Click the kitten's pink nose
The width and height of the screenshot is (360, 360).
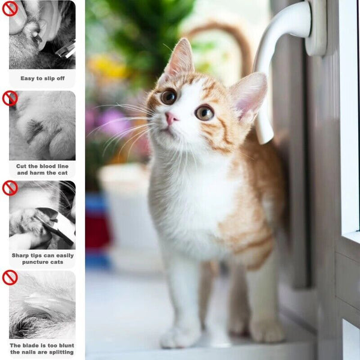click(x=171, y=118)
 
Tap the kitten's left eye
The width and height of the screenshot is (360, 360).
click(x=169, y=97)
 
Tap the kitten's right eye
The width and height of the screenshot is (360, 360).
click(x=204, y=112)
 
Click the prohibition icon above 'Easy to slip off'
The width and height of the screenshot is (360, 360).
click(x=10, y=8)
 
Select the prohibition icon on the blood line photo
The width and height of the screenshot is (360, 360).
click(x=10, y=98)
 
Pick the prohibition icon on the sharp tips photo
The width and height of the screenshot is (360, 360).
click(x=10, y=188)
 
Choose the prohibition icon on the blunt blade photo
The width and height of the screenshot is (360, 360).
click(x=10, y=278)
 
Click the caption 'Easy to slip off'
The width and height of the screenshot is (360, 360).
click(x=42, y=78)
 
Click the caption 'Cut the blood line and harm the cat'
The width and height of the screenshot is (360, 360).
click(x=42, y=169)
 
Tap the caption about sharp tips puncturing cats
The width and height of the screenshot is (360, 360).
click(x=42, y=259)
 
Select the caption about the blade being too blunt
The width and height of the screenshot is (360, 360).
click(x=42, y=349)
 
